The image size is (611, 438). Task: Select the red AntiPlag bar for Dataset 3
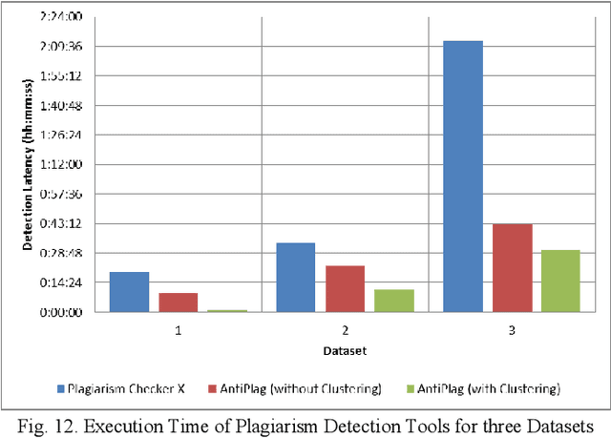point(512,268)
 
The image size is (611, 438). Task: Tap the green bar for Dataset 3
point(560,281)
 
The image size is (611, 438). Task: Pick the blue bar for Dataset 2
point(295,277)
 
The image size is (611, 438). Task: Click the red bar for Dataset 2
point(345,288)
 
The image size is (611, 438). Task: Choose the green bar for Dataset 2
point(393,301)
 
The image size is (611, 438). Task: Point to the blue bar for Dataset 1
point(129,292)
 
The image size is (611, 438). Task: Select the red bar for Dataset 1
point(178,302)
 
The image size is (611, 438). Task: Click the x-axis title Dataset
point(345,351)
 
